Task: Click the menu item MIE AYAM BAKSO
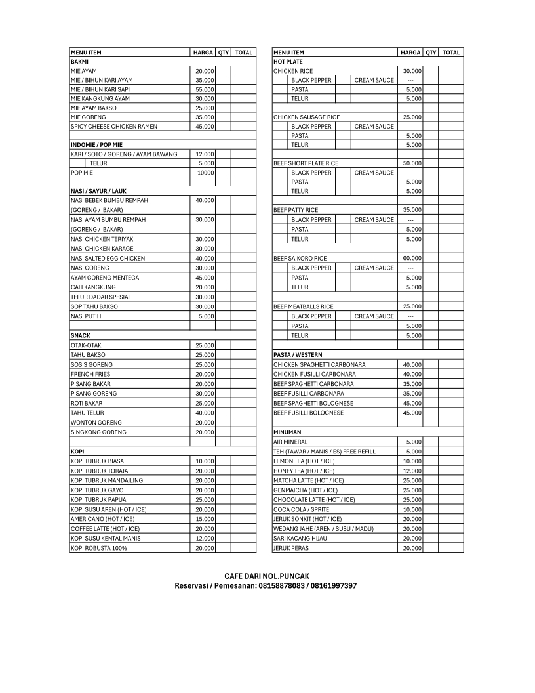(94, 108)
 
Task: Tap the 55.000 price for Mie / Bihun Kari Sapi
(205, 89)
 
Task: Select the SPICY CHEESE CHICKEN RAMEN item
(114, 126)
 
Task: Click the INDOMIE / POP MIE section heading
(96, 144)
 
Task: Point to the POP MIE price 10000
(205, 173)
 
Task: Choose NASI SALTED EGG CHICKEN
(108, 258)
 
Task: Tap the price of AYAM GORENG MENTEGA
(205, 278)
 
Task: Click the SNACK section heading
(81, 335)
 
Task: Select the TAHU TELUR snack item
(87, 413)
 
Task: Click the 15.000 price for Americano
(205, 519)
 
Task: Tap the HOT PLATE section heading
(288, 62)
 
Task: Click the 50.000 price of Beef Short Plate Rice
(412, 163)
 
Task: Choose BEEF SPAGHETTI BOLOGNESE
(313, 403)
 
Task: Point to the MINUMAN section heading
(287, 432)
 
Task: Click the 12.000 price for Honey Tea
(412, 471)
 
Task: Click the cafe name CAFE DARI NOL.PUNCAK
(267, 576)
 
